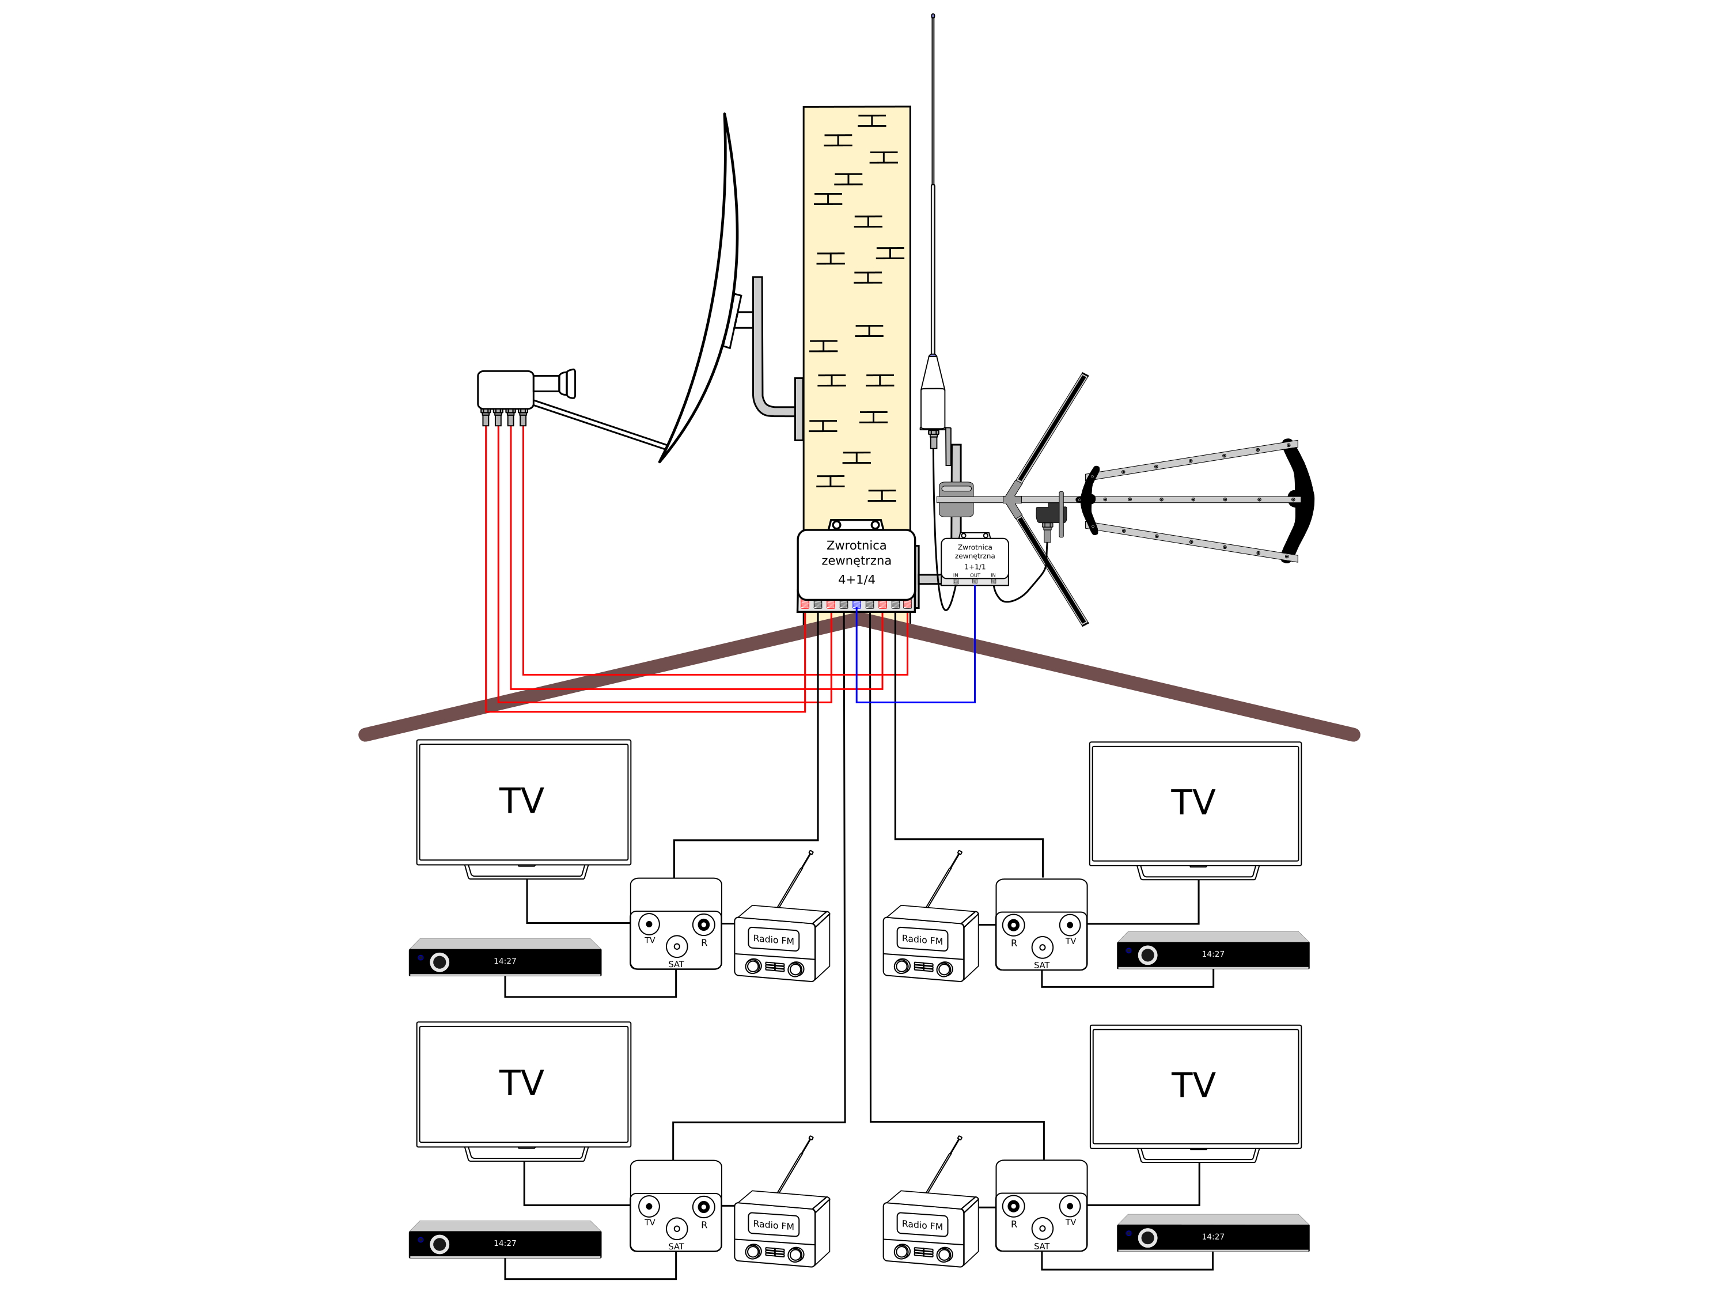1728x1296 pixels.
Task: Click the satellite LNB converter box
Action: coord(505,389)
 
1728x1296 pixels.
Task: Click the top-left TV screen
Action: coord(524,802)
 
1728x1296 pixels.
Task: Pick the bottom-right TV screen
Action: coord(1195,1087)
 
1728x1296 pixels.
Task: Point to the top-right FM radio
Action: coord(930,943)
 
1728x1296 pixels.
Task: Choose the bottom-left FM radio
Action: coord(781,1228)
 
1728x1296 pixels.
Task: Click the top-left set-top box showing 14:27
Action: coord(505,960)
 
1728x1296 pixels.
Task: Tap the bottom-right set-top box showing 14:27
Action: coord(1212,1237)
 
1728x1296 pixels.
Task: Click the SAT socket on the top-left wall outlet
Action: coord(677,946)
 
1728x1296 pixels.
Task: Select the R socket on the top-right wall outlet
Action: coord(1013,926)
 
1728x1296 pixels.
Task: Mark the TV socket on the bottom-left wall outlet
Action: coord(649,1206)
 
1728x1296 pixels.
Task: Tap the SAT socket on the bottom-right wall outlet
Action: coord(1042,1228)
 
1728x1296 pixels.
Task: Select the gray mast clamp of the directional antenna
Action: coord(956,499)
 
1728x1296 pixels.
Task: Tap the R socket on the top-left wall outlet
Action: coord(703,924)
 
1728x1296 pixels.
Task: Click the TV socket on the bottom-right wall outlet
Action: coord(1070,1206)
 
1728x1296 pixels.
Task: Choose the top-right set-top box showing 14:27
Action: coord(1212,954)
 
